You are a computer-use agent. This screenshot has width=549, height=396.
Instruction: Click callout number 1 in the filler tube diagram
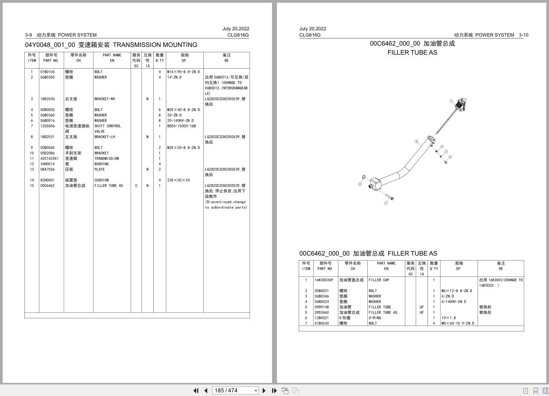(x=451, y=101)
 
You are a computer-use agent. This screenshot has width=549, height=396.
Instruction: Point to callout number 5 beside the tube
(x=416, y=141)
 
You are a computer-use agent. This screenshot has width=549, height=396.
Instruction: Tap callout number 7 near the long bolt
(x=386, y=203)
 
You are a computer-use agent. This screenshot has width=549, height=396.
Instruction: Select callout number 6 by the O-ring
(x=360, y=184)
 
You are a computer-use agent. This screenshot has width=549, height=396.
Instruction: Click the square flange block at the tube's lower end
(x=375, y=184)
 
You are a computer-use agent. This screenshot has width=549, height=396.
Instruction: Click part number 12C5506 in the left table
(x=47, y=126)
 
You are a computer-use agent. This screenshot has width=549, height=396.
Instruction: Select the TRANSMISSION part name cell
(x=107, y=158)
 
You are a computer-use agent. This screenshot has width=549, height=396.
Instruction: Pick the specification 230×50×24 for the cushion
(x=178, y=180)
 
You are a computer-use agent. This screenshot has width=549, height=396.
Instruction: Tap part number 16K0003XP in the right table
(x=324, y=280)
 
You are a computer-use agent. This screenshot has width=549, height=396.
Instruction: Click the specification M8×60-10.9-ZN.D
(x=458, y=323)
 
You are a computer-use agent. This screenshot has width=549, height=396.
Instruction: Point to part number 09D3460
(x=322, y=312)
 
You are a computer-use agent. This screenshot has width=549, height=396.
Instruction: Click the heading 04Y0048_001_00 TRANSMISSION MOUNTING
(x=111, y=45)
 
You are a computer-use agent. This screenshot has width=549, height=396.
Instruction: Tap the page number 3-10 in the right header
(x=523, y=35)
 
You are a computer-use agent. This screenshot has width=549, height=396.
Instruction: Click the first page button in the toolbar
(x=196, y=391)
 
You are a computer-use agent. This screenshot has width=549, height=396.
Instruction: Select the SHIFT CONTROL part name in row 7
(x=108, y=126)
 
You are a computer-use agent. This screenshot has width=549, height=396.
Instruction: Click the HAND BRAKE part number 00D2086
(x=47, y=153)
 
